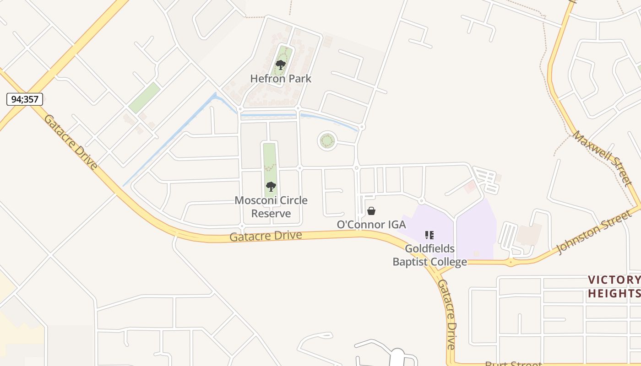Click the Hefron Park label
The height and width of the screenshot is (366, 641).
pos(281,79)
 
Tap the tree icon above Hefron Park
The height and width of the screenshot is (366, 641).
pos(281,65)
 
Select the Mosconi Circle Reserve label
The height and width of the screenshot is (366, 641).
pos(271,207)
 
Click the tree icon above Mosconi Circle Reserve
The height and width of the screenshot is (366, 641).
pos(271,187)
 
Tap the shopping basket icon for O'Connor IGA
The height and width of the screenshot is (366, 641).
pos(371,211)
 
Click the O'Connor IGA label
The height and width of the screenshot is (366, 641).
pos(371,225)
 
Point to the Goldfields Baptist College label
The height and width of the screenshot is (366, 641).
pos(429,255)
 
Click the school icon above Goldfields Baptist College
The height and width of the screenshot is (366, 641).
pos(429,235)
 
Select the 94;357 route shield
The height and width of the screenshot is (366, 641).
pos(25,99)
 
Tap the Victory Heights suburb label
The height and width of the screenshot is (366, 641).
pos(614,287)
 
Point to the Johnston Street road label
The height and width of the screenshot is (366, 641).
pos(593,232)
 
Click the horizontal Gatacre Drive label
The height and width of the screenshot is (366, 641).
pos(266,236)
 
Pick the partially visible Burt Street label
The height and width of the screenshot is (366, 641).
pos(513,363)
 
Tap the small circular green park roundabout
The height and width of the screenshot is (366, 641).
pos(327,140)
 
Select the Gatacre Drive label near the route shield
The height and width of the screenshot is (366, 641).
pos(71,142)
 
